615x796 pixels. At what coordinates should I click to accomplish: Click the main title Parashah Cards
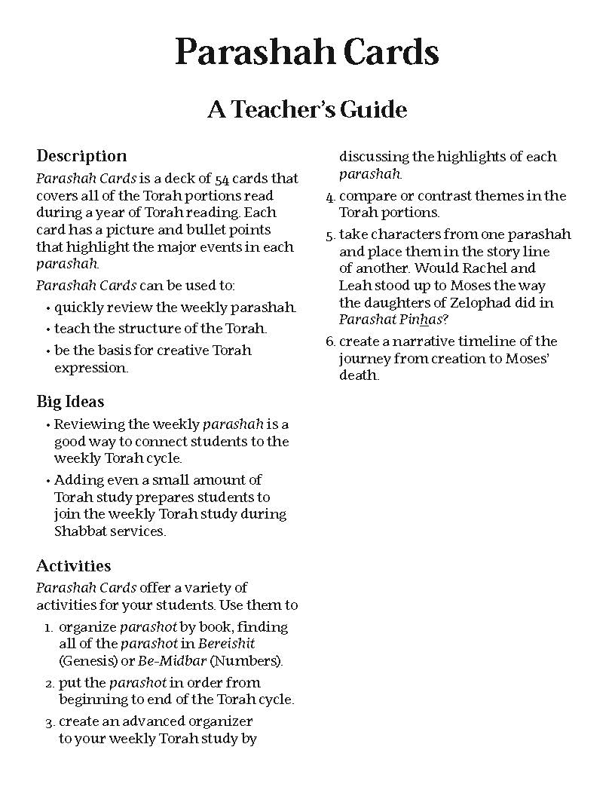pyautogui.click(x=307, y=53)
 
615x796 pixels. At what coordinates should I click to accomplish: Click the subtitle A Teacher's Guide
pyautogui.click(x=307, y=110)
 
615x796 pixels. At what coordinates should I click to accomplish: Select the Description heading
pyautogui.click(x=81, y=156)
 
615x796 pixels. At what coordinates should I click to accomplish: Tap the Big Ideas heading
pyautogui.click(x=70, y=402)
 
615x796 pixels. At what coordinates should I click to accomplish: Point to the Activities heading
pyautogui.click(x=73, y=565)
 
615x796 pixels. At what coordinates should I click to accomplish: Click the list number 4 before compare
pyautogui.click(x=329, y=197)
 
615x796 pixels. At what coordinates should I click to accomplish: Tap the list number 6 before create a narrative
pyautogui.click(x=329, y=341)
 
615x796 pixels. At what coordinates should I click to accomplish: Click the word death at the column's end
pyautogui.click(x=357, y=375)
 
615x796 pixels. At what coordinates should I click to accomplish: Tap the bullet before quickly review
pyautogui.click(x=49, y=308)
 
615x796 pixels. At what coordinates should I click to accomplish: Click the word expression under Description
pyautogui.click(x=90, y=368)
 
